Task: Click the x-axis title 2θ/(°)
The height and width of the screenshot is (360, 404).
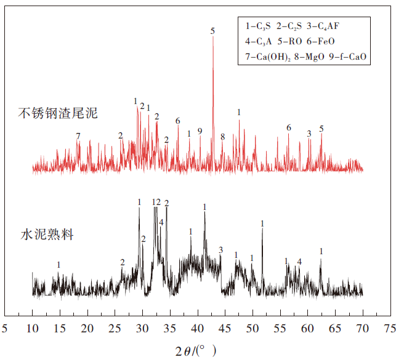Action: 195,351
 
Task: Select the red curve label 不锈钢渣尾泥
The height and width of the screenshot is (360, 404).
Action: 58,113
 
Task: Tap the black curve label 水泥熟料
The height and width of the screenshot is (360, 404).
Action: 47,234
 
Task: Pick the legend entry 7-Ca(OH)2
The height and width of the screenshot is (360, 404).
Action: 268,57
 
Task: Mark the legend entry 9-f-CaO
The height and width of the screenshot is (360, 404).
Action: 349,57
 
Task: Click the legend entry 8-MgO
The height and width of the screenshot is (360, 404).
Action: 310,57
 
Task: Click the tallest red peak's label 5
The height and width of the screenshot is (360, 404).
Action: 212,31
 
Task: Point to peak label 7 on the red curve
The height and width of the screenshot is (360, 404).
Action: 78,135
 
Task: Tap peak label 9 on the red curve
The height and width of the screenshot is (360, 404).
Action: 200,131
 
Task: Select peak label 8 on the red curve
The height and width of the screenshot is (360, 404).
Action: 222,136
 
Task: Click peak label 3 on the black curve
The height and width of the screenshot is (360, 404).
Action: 220,249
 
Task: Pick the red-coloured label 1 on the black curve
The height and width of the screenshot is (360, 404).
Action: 286,261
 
